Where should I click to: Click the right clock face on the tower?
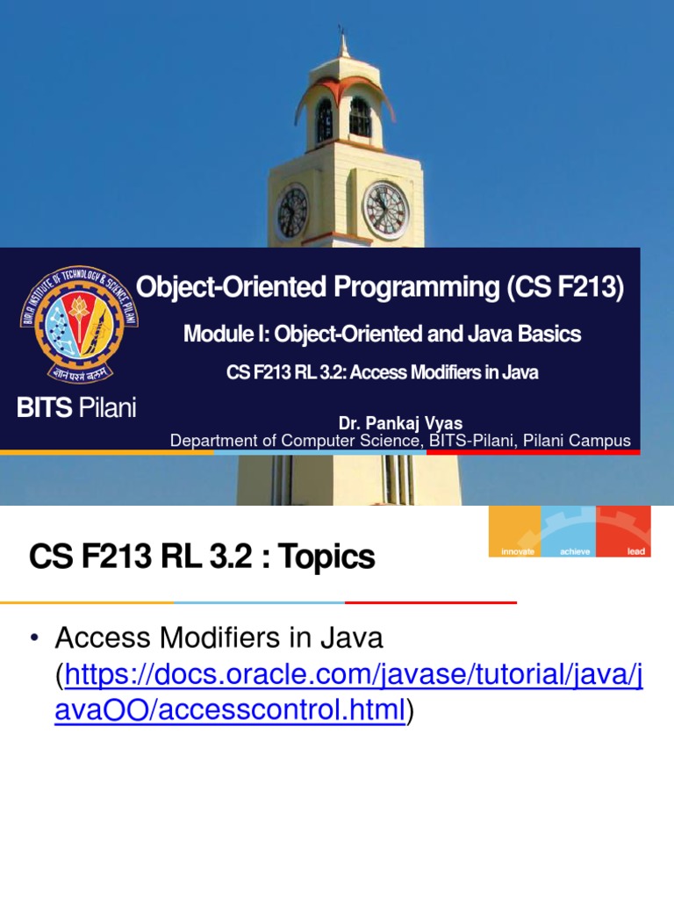pos(385,211)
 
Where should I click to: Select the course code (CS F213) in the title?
pos(565,288)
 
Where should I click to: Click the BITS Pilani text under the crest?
pos(77,407)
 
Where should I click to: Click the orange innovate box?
pos(516,532)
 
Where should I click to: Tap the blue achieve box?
pos(570,532)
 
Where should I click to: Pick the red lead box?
pos(624,532)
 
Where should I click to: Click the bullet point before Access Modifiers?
pos(36,638)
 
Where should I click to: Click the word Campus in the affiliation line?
pos(605,441)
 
